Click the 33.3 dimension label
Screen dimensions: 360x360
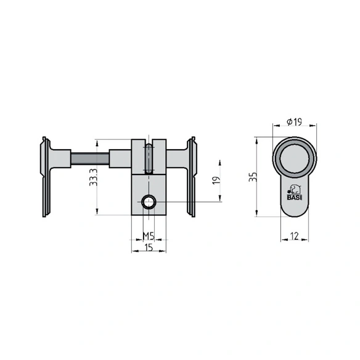pos(94,178)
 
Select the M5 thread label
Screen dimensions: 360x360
pos(149,236)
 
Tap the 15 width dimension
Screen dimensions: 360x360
pos(149,248)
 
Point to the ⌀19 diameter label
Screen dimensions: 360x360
pos(294,121)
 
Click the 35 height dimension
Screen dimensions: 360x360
pos(253,177)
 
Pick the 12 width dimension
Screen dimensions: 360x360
pos(294,236)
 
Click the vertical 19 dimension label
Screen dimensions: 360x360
pos(216,180)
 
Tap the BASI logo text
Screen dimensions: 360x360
pos(295,197)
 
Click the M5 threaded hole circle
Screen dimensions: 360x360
pos(149,202)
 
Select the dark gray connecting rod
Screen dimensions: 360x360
pos(90,158)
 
